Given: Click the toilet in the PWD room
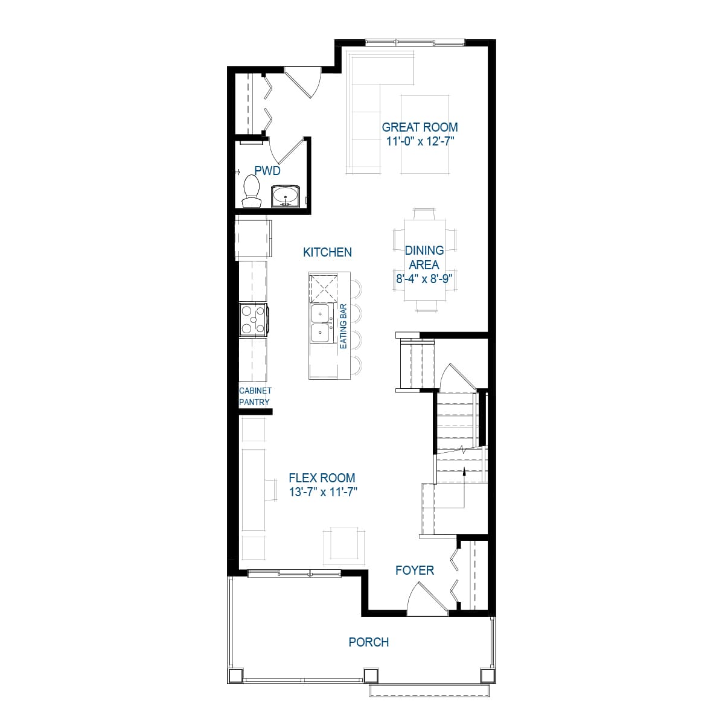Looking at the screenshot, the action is click(252, 191).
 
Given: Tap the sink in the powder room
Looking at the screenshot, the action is click(286, 196).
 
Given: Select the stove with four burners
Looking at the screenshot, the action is click(254, 319).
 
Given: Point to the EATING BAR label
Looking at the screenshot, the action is click(343, 326).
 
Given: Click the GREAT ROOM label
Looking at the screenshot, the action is click(420, 127).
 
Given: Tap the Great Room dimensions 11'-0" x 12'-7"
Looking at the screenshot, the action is click(421, 141).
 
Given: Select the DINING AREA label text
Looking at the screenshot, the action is click(424, 257).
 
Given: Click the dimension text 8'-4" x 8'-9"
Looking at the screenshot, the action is click(424, 279).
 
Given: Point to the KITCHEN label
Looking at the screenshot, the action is click(327, 252).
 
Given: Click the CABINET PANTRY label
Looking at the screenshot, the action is click(255, 396).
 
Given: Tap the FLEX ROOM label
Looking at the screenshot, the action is click(322, 478).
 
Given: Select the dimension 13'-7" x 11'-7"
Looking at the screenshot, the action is click(323, 492).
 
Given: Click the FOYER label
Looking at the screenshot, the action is click(415, 570).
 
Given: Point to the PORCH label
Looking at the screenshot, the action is click(369, 642).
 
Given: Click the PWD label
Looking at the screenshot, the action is click(267, 171).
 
